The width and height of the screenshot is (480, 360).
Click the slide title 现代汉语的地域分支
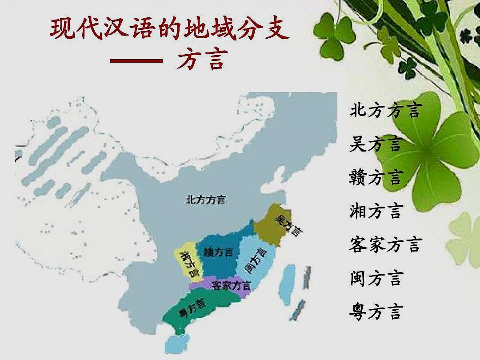pyautogui.click(x=170, y=30)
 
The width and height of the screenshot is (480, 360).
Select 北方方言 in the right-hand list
pyautogui.click(x=385, y=110)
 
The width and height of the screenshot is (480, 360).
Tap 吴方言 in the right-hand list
pyautogui.click(x=376, y=144)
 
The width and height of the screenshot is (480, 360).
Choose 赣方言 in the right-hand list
pyautogui.click(x=376, y=177)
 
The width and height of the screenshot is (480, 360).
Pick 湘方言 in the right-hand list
pyautogui.click(x=376, y=211)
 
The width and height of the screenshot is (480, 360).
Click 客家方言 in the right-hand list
pyautogui.click(x=385, y=244)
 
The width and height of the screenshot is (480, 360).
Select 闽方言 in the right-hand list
pyautogui.click(x=376, y=278)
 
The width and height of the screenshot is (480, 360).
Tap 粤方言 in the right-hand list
pyautogui.click(x=376, y=312)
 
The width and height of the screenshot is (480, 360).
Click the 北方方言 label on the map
pyautogui.click(x=205, y=200)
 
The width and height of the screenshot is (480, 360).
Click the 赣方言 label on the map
pyautogui.click(x=218, y=252)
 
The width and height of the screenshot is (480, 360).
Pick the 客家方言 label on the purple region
pyautogui.click(x=231, y=285)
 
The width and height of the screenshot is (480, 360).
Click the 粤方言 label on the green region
pyautogui.click(x=192, y=308)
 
